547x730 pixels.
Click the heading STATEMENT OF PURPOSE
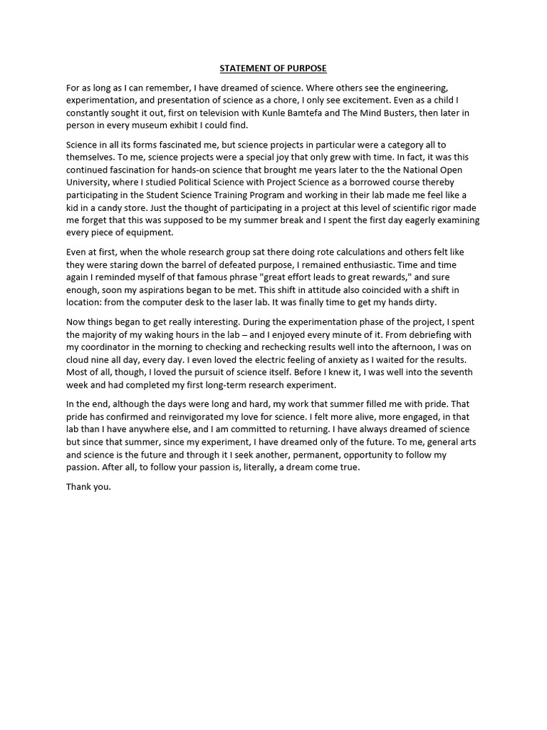[273, 68]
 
